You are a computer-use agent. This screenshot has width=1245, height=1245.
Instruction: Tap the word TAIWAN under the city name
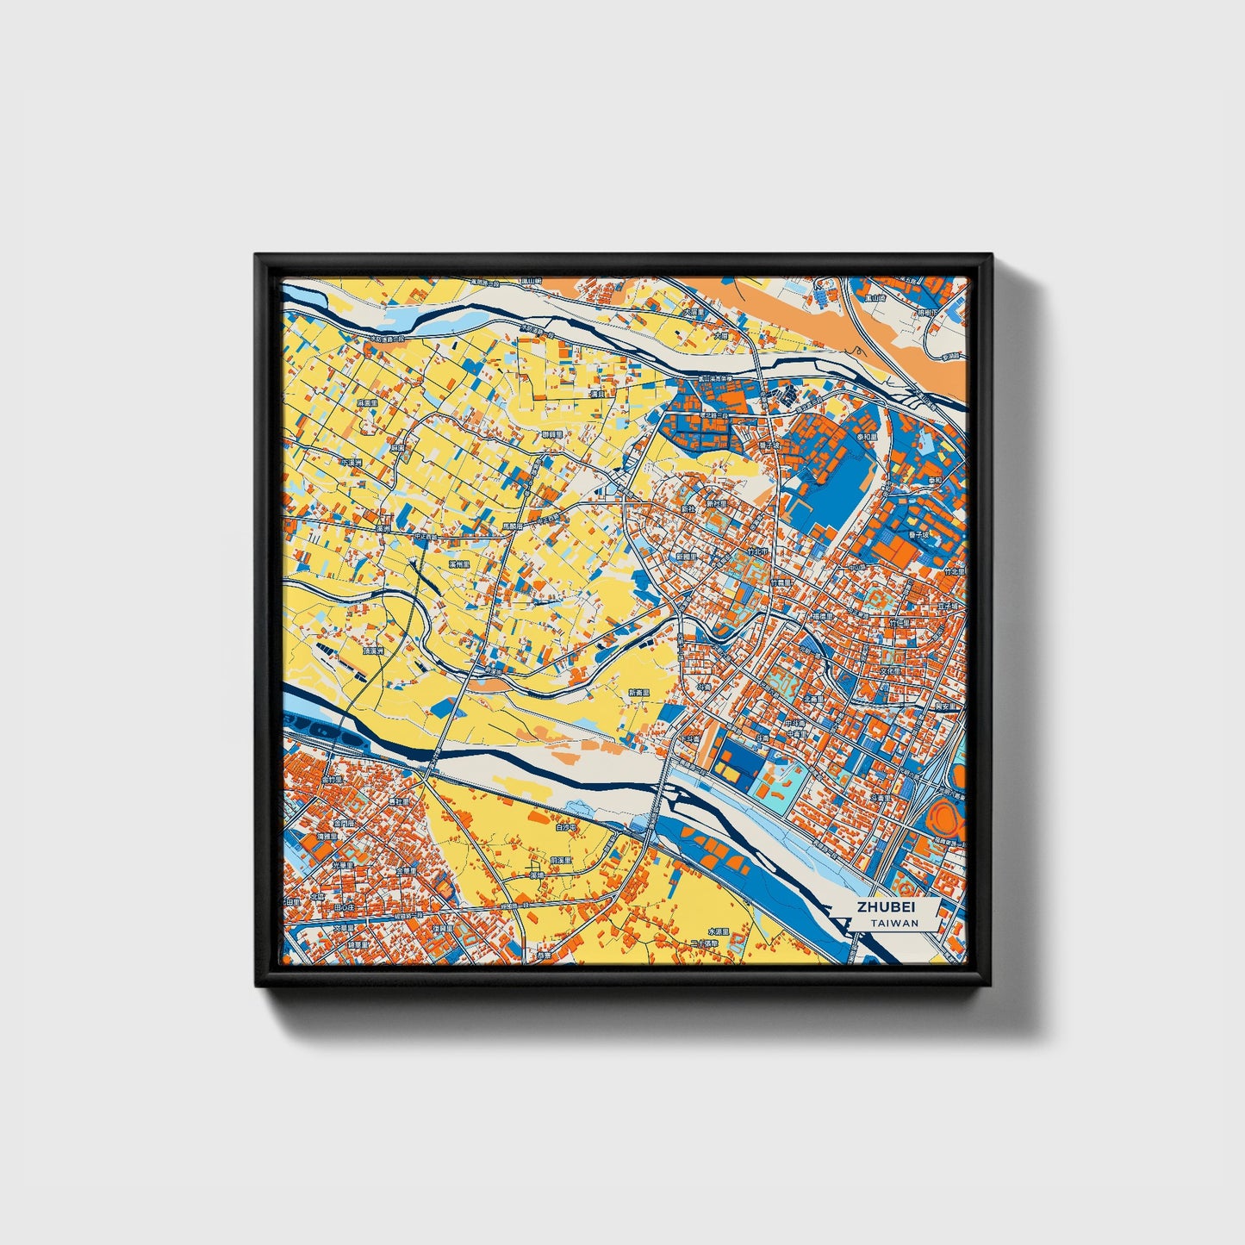click(894, 923)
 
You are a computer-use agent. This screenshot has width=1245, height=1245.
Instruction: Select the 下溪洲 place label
click(352, 463)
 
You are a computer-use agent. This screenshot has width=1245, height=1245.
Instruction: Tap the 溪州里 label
click(459, 563)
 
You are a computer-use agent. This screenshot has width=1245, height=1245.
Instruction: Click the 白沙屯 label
click(565, 826)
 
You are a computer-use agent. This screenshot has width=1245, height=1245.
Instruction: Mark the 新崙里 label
click(638, 693)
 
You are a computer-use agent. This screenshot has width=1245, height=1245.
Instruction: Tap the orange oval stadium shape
click(946, 814)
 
